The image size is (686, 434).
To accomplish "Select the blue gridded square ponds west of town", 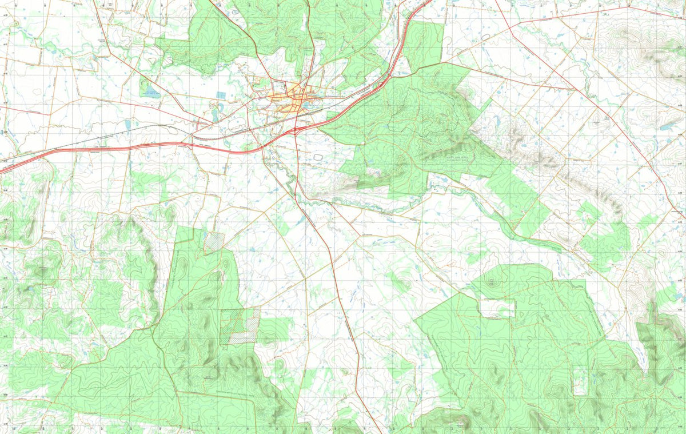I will pyautogui.click(x=221, y=95).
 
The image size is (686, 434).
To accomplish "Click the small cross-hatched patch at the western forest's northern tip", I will pyautogui.click(x=214, y=241).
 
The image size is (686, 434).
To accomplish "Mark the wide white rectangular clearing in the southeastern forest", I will pyautogui.click(x=497, y=308).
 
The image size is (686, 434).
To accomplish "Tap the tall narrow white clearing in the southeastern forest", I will pyautogui.click(x=580, y=380).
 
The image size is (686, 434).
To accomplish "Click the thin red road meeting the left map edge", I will pyautogui.click(x=2, y=107).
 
